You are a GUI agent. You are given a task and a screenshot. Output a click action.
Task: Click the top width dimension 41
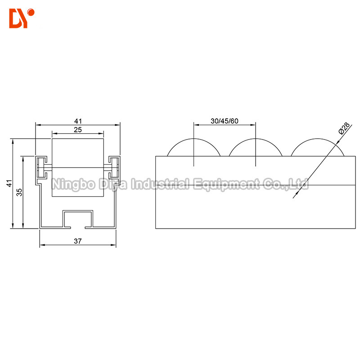pyautogui.click(x=78, y=121)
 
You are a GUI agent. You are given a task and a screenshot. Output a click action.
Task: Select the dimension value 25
pyautogui.click(x=78, y=130)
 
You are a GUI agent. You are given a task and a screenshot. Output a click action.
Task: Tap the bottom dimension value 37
pyautogui.click(x=78, y=241)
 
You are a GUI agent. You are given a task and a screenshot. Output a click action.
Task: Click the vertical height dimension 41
pyautogui.click(x=8, y=184)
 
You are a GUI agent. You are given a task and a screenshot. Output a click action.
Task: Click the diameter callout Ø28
pyautogui.click(x=342, y=130)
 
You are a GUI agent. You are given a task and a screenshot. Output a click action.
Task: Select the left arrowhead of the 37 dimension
pyautogui.click(x=42, y=246)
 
